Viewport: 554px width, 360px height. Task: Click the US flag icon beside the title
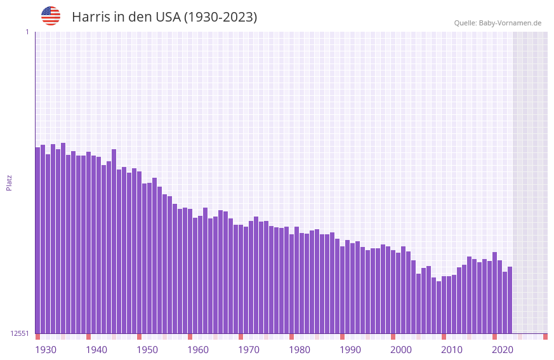click(x=51, y=16)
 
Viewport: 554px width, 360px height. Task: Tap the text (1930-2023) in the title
click(x=220, y=17)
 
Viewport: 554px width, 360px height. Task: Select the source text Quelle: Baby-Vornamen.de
click(x=498, y=23)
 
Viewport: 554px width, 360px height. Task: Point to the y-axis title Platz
click(x=9, y=183)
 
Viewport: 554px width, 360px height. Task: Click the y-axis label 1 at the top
click(x=27, y=32)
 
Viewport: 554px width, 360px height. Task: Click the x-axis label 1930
click(x=46, y=350)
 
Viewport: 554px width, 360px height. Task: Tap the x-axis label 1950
click(x=147, y=350)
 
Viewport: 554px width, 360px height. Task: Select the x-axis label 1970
click(x=249, y=350)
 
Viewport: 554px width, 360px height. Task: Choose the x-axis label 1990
click(x=350, y=350)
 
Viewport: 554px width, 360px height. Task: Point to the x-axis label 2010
click(x=452, y=350)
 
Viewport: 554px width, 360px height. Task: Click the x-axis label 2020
click(x=503, y=350)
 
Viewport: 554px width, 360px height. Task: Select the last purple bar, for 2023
click(x=510, y=300)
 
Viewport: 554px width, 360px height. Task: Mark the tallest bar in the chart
click(x=63, y=238)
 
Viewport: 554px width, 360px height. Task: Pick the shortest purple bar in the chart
click(x=439, y=307)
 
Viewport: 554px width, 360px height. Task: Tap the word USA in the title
click(x=168, y=17)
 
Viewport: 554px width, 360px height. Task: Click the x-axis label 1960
click(x=198, y=350)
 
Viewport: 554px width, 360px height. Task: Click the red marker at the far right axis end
click(x=545, y=337)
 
